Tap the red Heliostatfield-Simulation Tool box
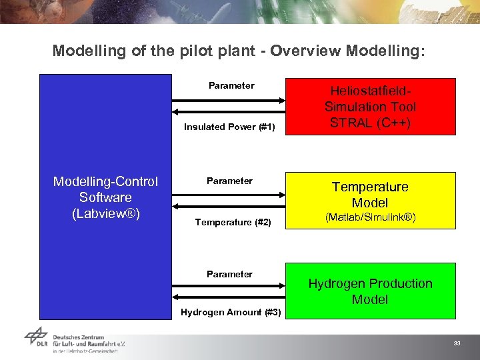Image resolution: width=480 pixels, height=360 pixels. [370, 107]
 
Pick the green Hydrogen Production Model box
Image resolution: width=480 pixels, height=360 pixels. [370, 291]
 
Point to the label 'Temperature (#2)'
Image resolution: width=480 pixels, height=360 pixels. [233, 222]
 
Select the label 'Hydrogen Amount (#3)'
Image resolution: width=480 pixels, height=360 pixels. [231, 312]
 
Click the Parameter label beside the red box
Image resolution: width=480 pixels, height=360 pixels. [231, 85]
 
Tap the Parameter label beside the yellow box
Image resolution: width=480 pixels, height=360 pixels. [229, 181]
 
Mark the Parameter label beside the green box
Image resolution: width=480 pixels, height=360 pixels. [229, 274]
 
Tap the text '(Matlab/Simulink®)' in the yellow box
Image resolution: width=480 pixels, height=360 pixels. [370, 217]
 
